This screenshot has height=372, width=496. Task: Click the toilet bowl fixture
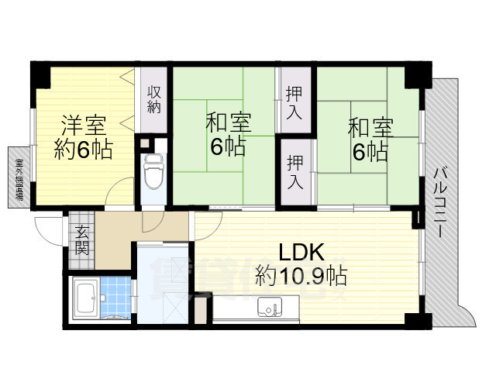click(x=153, y=170)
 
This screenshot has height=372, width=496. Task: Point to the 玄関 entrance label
click(x=81, y=239)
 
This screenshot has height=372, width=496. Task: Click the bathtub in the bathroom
click(x=84, y=298)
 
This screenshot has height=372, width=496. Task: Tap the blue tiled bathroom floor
click(x=114, y=298)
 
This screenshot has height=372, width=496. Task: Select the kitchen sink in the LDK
click(x=270, y=308)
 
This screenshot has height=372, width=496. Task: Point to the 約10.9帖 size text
click(x=301, y=275)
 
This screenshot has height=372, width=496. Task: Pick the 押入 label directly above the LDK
click(x=295, y=173)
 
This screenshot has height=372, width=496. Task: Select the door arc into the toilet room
click(x=154, y=221)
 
